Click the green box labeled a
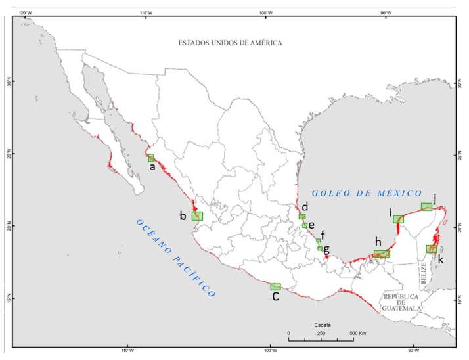coord(151,158)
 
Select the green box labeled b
coord(197,215)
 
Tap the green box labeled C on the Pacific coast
coord(275,286)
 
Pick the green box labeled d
coord(302,216)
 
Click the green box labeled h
coord(382,254)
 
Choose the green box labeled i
coord(398,219)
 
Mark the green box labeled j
coord(426,206)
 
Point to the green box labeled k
coord(432,249)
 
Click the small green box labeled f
coord(318,240)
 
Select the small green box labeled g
coord(320,248)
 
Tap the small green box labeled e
coord(305,225)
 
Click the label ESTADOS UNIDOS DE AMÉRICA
coord(230,43)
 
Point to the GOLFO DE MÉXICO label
coord(367,192)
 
